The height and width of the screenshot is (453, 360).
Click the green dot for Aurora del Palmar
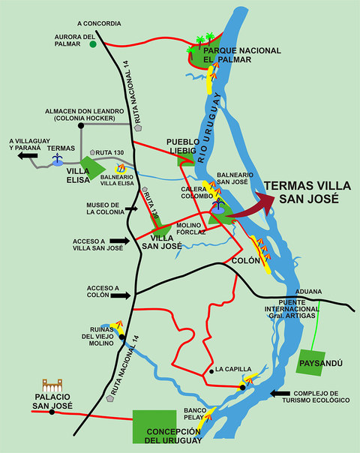[x=93, y=44]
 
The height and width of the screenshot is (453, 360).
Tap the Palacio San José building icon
[x=52, y=386]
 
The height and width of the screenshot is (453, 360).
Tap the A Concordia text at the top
[x=99, y=23]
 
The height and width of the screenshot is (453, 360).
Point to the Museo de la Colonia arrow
[x=130, y=211]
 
